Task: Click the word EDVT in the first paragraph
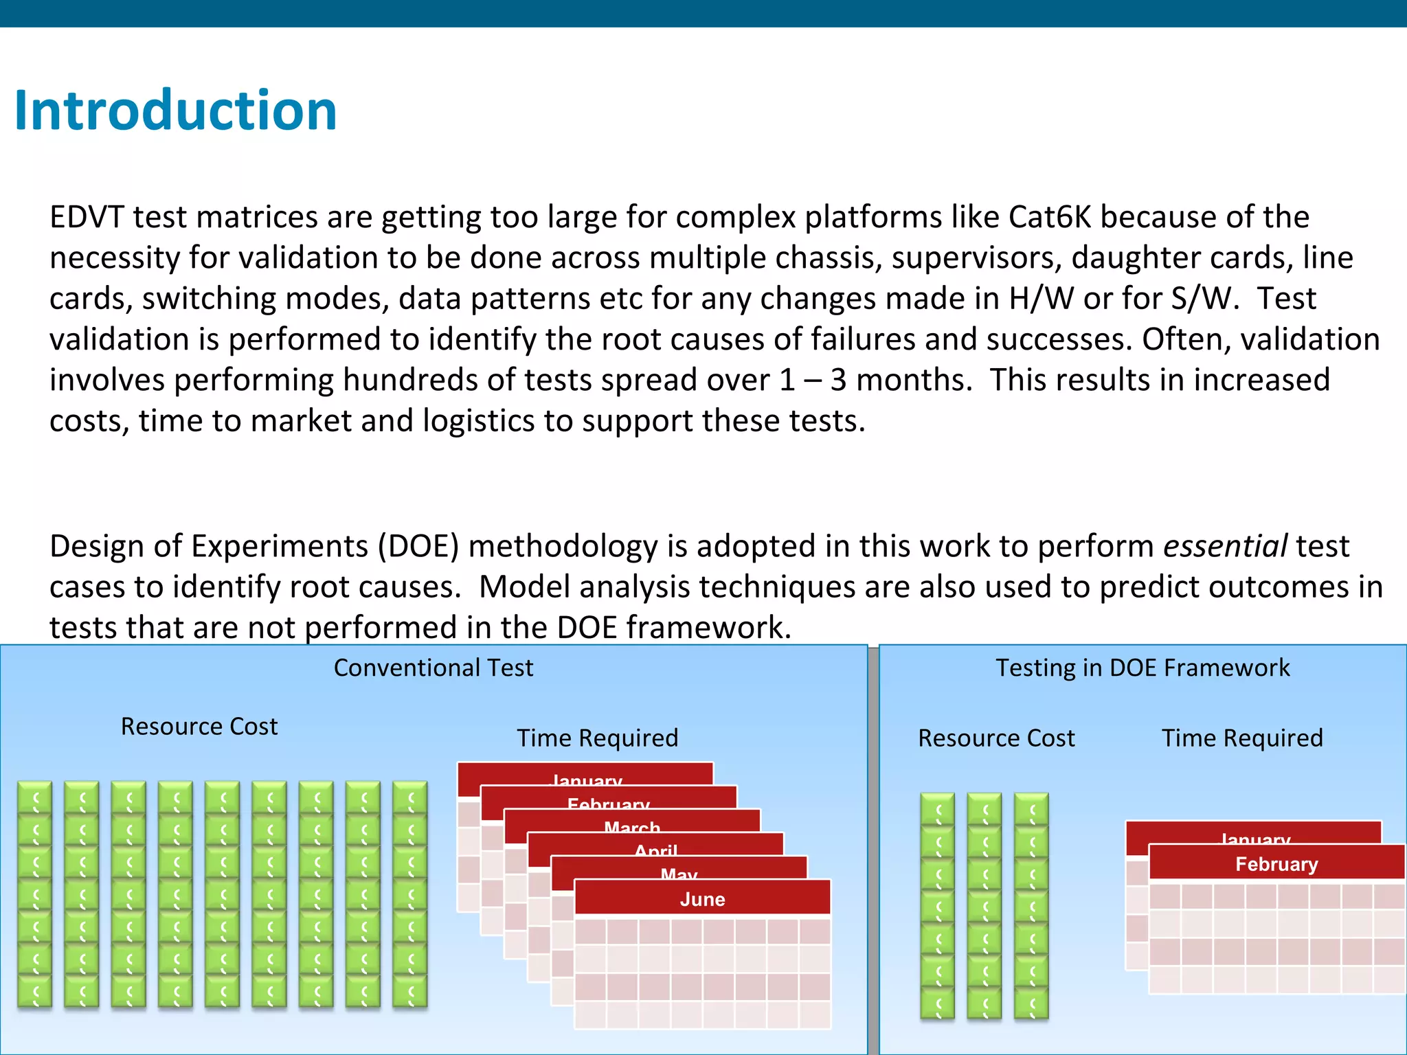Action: pyautogui.click(x=87, y=217)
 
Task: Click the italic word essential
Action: pyautogui.click(x=1225, y=547)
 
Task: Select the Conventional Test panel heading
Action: pyautogui.click(x=434, y=668)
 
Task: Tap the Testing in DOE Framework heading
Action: pyautogui.click(x=1143, y=668)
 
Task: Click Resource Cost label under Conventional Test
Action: pyautogui.click(x=199, y=727)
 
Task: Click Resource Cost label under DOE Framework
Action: pyautogui.click(x=996, y=738)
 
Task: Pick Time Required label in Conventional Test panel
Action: pyautogui.click(x=597, y=738)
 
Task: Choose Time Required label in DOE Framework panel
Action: pyautogui.click(x=1242, y=738)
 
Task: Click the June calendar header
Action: pyautogui.click(x=702, y=899)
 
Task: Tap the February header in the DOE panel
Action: pyautogui.click(x=1276, y=864)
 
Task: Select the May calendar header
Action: pyautogui.click(x=679, y=872)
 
